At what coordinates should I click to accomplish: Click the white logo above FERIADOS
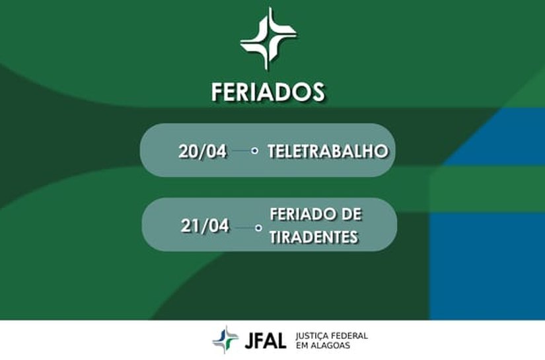(x=268, y=38)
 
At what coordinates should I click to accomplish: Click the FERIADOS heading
(x=268, y=91)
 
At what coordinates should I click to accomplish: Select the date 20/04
(x=202, y=151)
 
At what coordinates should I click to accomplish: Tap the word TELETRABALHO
(x=327, y=151)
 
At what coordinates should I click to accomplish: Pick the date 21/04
(x=205, y=226)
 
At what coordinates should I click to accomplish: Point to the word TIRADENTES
(x=314, y=236)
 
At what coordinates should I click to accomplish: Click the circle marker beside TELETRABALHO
(x=255, y=151)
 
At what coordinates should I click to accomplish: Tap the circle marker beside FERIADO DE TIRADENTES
(x=258, y=227)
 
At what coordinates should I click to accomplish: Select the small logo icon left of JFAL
(x=225, y=340)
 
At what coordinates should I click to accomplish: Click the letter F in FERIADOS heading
(x=218, y=91)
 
